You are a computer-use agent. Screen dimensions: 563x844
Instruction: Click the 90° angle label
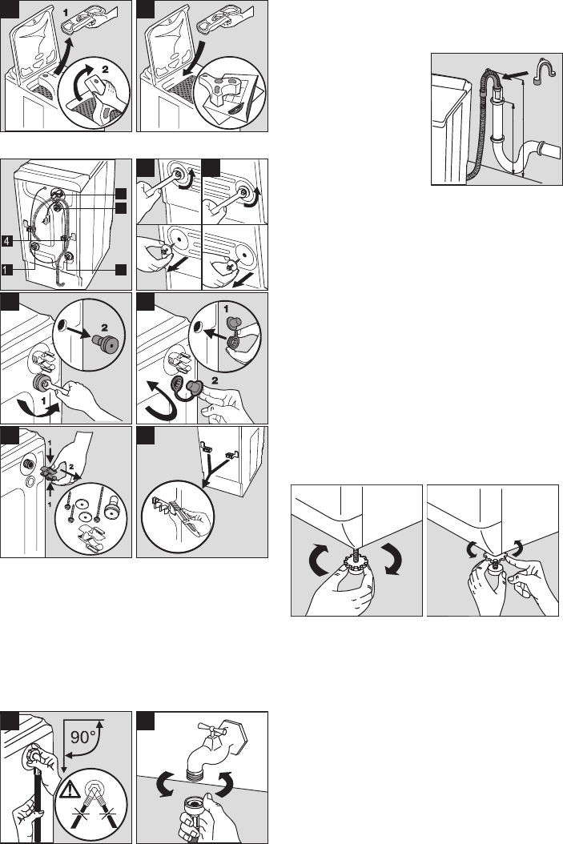[x=82, y=736]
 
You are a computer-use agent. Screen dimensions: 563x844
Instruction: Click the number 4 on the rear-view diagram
[x=6, y=241]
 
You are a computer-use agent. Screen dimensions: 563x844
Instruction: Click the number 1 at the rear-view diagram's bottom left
[x=6, y=270]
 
